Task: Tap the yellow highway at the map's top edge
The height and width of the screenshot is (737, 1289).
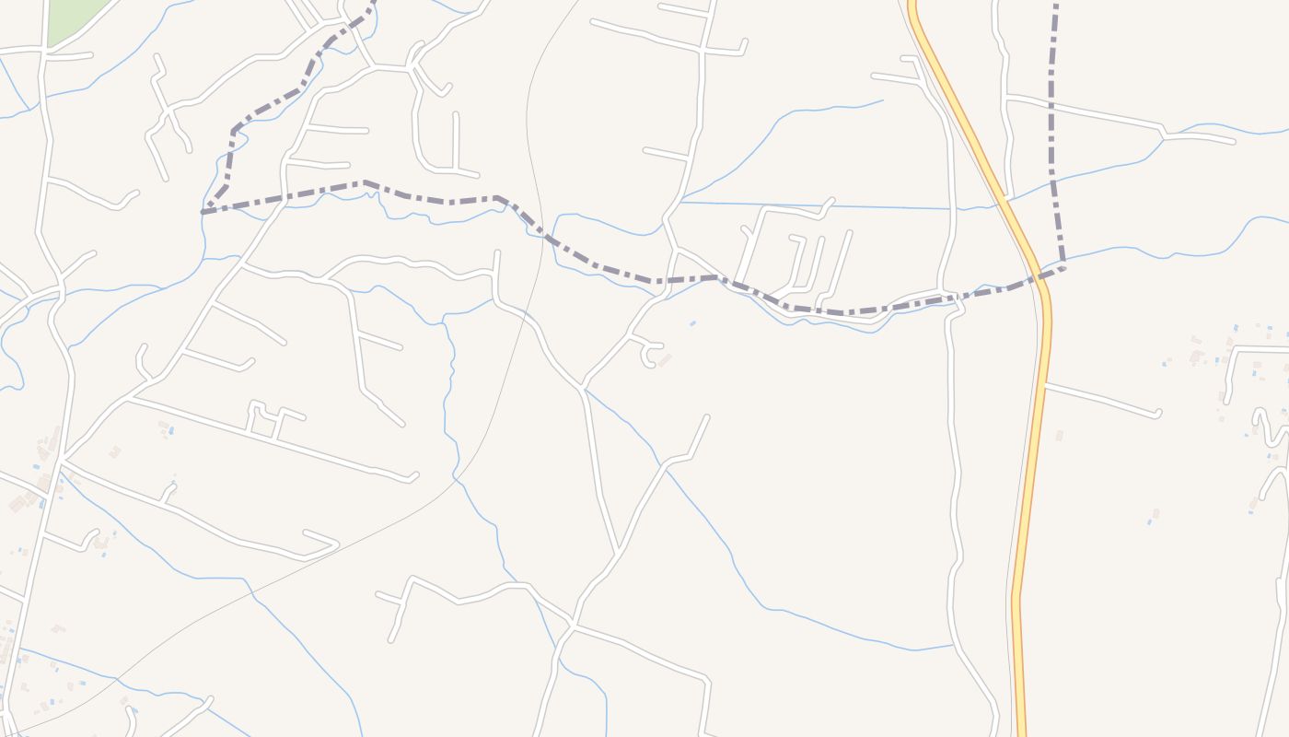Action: [x=913, y=5]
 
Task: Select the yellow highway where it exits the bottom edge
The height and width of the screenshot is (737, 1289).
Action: [x=1020, y=731]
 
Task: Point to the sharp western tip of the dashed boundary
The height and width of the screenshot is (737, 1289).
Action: [x=203, y=212]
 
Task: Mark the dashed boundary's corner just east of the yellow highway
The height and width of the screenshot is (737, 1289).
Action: [x=1063, y=267]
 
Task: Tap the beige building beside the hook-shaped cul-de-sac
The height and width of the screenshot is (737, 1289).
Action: [x=664, y=360]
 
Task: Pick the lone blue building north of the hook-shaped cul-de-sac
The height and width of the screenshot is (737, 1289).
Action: [x=692, y=323]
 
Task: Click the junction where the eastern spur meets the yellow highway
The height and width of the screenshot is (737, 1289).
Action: [x=1045, y=385]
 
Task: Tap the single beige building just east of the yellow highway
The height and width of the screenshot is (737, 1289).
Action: [x=1059, y=435]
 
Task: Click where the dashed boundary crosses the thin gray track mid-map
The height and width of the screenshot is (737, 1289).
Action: [x=540, y=230]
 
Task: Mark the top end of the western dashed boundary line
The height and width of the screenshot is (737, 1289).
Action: [x=374, y=3]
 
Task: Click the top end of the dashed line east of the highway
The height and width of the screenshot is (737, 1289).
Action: [x=1055, y=4]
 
